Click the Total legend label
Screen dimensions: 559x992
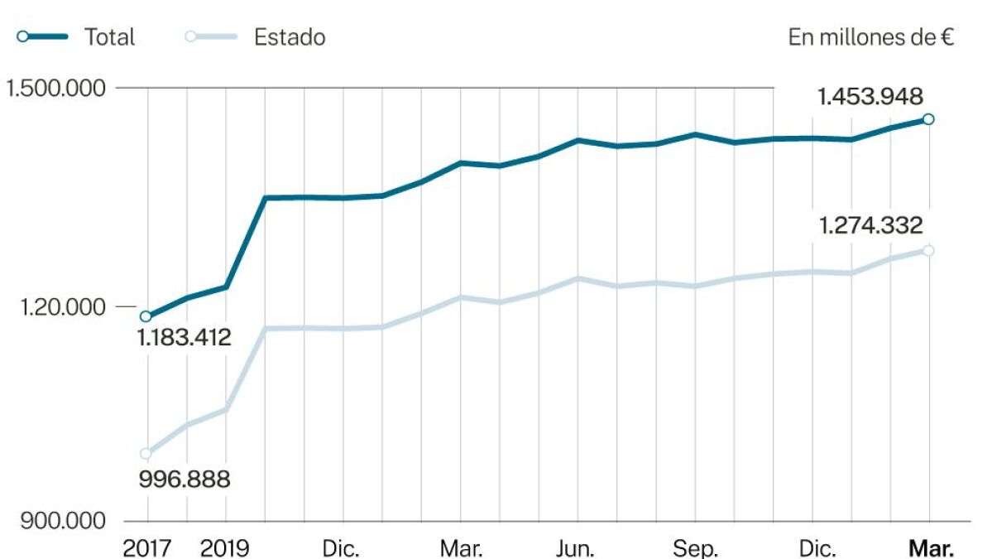click(x=109, y=37)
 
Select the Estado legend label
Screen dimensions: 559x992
click(x=290, y=37)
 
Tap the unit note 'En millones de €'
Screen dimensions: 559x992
click(x=872, y=37)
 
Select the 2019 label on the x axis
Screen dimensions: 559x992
click(x=226, y=548)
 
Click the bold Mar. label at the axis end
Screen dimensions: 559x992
click(x=931, y=548)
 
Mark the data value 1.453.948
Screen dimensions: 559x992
click(x=870, y=97)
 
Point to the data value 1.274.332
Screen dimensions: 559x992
click(x=870, y=225)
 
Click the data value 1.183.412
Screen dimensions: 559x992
click(x=184, y=337)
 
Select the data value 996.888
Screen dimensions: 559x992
click(x=184, y=479)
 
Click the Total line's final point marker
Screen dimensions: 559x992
click(x=928, y=119)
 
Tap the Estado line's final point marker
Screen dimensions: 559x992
click(x=928, y=250)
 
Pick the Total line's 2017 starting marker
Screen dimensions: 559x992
click(x=146, y=316)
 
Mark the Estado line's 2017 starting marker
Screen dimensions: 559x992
click(x=146, y=453)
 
